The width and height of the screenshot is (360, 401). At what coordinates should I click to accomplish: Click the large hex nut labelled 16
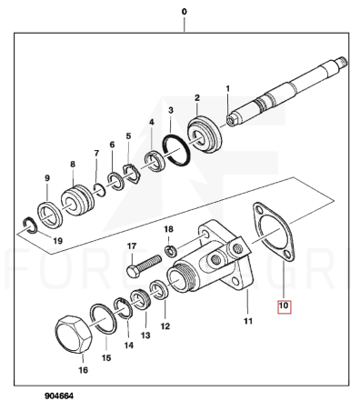(x=74, y=335)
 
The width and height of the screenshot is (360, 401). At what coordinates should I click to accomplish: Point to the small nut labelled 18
(x=170, y=250)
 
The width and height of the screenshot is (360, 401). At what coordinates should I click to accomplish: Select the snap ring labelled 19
(x=31, y=226)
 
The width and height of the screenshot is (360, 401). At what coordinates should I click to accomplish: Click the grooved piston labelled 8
(x=76, y=200)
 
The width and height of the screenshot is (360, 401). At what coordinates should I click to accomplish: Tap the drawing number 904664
(x=59, y=396)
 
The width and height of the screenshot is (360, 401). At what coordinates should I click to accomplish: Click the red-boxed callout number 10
(x=284, y=306)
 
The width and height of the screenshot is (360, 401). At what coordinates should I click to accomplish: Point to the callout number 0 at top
(x=184, y=12)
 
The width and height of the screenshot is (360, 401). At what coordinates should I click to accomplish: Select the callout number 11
(x=248, y=321)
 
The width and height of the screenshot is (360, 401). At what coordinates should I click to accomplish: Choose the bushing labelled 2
(x=205, y=135)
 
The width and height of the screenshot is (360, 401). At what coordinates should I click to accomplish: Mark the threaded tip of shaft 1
(x=342, y=62)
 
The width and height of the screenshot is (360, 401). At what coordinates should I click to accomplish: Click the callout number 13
(x=145, y=336)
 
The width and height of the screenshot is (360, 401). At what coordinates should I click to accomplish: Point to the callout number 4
(x=151, y=122)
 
